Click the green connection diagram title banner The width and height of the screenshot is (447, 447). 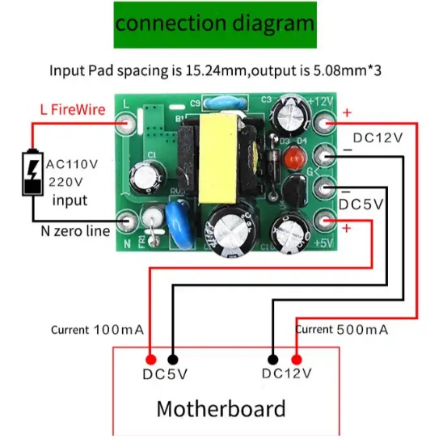(x=215, y=25)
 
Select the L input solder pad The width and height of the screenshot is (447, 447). (x=126, y=124)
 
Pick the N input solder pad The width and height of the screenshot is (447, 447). (x=127, y=221)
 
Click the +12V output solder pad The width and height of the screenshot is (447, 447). (x=324, y=123)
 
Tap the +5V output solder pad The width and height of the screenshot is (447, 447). (x=324, y=221)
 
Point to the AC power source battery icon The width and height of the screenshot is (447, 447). (x=33, y=172)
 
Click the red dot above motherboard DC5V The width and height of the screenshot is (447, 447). (x=151, y=360)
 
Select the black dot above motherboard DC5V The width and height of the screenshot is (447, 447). (x=173, y=360)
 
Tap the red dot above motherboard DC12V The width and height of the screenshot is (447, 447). (x=297, y=360)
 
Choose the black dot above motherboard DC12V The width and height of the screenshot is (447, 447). (x=273, y=360)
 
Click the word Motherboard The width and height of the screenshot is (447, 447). (x=221, y=408)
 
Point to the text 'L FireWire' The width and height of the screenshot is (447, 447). (x=73, y=110)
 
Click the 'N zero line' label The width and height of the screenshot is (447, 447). (x=75, y=231)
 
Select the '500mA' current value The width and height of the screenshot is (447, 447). (x=362, y=330)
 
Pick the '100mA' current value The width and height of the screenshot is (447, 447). (x=119, y=330)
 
